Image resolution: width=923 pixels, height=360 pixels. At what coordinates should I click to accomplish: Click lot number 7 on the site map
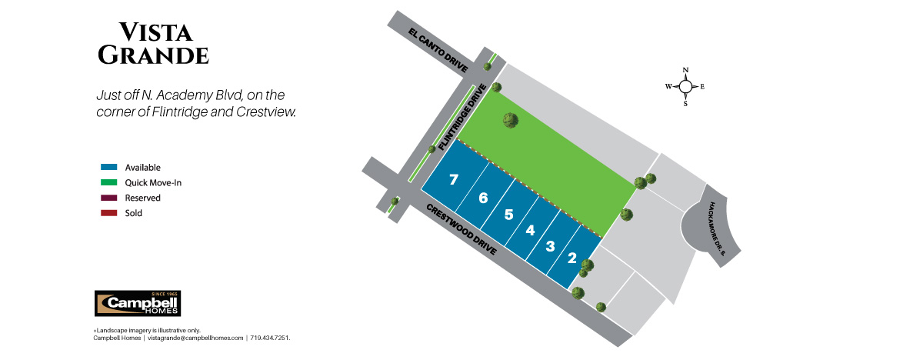tap(454, 180)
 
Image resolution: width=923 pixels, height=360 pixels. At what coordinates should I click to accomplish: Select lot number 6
tap(483, 198)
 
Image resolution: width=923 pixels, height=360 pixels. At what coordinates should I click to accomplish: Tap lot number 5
tap(508, 215)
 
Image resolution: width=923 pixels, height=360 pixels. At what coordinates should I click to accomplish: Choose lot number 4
tap(530, 230)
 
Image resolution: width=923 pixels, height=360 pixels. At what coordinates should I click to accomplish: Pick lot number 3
tap(550, 246)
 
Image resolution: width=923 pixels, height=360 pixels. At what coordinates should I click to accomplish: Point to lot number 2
tap(572, 258)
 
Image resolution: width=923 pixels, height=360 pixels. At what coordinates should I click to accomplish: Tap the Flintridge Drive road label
tap(464, 116)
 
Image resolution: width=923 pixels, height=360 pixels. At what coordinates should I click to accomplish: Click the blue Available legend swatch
tap(108, 167)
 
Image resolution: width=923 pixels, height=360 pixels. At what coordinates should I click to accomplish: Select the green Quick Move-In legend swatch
tap(108, 182)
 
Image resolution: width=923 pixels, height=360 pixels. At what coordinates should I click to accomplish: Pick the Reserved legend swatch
tap(108, 198)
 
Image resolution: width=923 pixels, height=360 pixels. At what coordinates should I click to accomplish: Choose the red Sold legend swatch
tap(108, 213)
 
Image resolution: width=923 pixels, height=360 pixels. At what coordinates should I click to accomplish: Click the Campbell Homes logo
tap(137, 303)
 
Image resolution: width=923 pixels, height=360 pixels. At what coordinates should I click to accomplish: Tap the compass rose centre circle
tap(686, 86)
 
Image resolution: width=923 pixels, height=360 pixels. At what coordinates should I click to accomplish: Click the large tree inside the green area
tap(511, 120)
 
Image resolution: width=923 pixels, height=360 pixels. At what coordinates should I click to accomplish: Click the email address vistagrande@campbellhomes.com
tap(195, 338)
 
